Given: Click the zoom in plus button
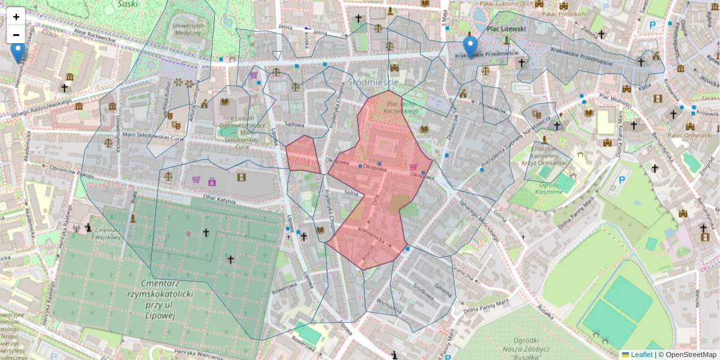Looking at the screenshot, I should tap(16, 17).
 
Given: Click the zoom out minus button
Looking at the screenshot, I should tap(16, 34).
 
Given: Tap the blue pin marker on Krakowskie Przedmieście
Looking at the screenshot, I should tap(470, 47).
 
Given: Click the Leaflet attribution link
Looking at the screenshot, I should tap(641, 355).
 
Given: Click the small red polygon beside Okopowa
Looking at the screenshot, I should tap(302, 155).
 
